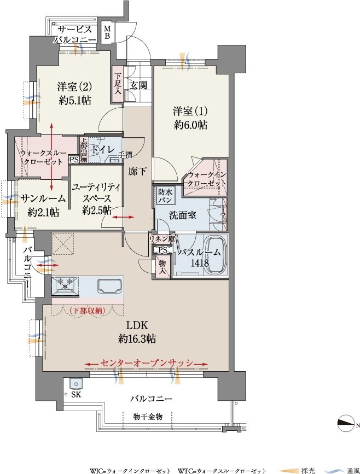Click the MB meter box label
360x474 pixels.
point(107,32)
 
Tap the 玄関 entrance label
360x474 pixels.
point(138,85)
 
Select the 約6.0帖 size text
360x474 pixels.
point(190,125)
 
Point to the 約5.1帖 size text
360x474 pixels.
point(75,101)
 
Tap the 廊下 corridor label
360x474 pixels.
point(137,172)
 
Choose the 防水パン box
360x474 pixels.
point(165,196)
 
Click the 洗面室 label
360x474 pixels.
point(182,215)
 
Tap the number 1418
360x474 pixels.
point(200,262)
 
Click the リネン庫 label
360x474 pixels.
point(162,238)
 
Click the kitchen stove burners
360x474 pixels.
point(65,285)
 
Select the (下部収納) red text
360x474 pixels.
point(87,311)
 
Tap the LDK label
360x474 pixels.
point(137,325)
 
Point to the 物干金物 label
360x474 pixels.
point(148,417)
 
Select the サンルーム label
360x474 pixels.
point(43,198)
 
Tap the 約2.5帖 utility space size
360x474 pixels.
point(96,210)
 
